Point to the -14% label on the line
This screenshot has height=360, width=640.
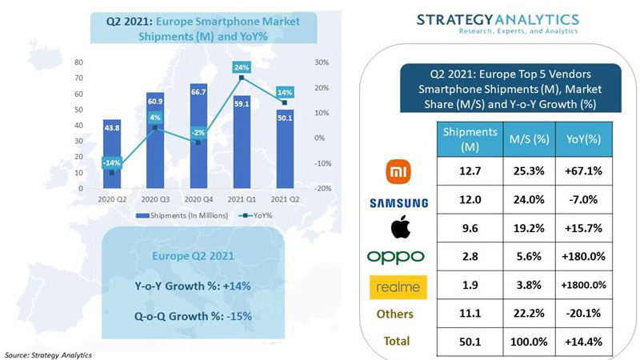pos(112,162)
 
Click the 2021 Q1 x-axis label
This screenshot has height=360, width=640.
pos(244,198)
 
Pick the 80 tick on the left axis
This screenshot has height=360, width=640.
pos(78,62)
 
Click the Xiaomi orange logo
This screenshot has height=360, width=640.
pos(398,170)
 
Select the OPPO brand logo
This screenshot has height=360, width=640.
pos(398,257)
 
